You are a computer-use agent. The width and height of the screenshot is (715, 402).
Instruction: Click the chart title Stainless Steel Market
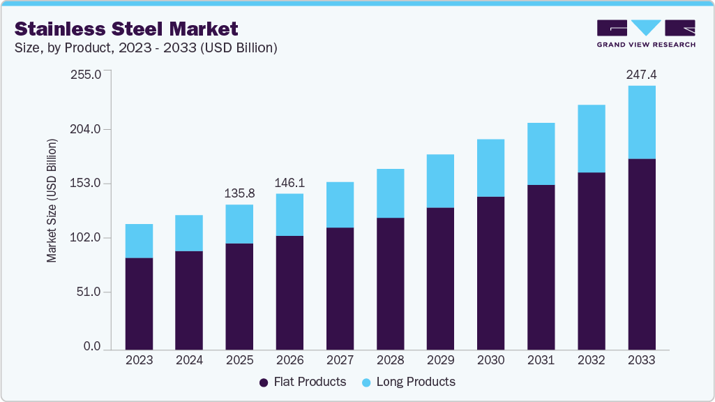126,29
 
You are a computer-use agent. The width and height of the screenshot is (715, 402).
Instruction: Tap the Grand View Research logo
646,33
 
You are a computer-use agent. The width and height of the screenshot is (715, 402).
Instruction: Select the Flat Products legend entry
303,382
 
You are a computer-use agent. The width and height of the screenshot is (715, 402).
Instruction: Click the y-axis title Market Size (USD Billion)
52,201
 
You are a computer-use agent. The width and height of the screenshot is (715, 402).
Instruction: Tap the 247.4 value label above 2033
641,74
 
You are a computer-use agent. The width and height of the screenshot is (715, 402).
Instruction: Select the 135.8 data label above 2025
239,193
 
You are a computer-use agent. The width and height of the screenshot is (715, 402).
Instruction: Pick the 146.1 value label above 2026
289,182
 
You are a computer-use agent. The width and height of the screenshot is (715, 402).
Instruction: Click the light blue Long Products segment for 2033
641,122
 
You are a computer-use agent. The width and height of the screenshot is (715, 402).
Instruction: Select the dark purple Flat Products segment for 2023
139,303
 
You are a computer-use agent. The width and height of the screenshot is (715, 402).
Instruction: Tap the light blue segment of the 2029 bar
440,181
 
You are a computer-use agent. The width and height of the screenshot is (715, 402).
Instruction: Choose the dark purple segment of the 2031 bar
541,266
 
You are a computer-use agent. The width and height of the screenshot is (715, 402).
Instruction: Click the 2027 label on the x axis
340,360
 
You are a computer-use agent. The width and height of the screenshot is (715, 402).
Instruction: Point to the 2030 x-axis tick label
490,360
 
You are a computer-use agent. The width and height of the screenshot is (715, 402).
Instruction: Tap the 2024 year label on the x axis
189,360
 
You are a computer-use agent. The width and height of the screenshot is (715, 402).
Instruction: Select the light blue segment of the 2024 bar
189,233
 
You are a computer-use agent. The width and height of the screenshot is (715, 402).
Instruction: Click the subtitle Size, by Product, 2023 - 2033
146,48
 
